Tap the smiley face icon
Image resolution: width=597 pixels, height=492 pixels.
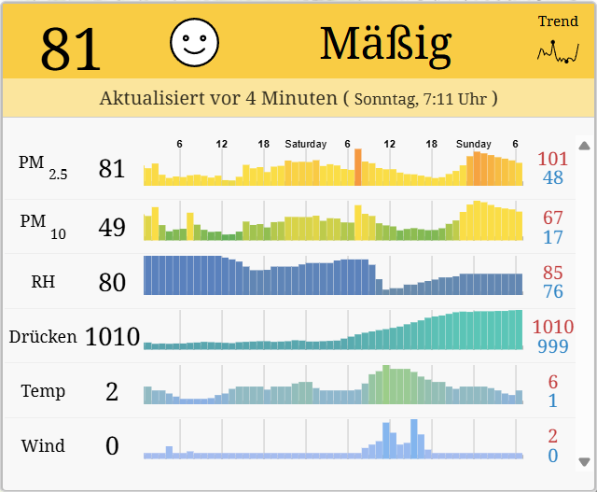(x=194, y=42)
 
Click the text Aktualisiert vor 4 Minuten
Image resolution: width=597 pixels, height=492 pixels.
(x=218, y=97)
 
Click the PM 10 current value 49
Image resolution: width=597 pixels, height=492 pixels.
(x=112, y=226)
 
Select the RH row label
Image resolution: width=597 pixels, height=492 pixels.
(x=43, y=281)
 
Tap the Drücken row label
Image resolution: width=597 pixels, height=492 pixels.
(x=43, y=336)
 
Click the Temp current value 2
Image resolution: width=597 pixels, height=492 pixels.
(x=112, y=391)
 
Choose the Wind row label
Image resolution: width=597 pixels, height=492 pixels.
(x=43, y=445)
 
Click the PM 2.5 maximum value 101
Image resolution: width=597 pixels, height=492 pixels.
(x=553, y=159)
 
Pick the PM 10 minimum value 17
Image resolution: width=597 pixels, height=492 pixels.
(x=553, y=237)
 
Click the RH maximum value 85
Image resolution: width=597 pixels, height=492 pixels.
(x=553, y=273)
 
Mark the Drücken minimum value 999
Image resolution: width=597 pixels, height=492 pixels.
(x=553, y=346)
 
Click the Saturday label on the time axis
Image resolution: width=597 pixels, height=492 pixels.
(x=306, y=144)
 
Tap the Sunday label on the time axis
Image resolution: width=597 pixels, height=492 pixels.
(x=474, y=144)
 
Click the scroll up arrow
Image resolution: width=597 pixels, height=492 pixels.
(x=584, y=146)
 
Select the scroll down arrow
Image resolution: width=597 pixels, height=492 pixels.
(x=584, y=461)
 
